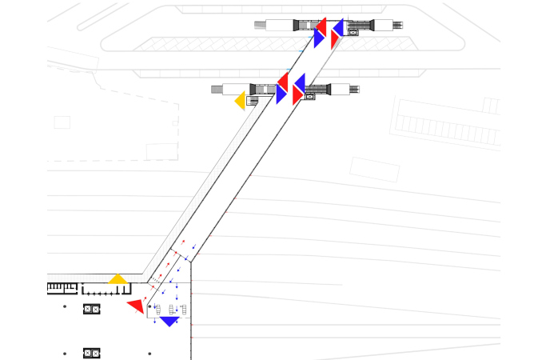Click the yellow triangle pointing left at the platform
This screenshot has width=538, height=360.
tap(240, 101)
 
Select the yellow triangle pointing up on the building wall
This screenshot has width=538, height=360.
tap(118, 279)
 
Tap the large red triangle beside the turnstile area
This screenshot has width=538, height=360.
tap(137, 305)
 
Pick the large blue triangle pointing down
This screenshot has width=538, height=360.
tap(169, 321)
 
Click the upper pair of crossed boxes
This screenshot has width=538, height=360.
tap(91, 309)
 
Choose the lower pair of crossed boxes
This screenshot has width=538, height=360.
tap(91, 353)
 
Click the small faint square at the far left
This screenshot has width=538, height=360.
tap(62, 122)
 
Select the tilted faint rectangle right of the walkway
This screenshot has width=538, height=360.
tap(374, 169)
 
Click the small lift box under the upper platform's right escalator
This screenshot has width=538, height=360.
tap(353, 36)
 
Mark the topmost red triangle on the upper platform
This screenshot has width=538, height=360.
tap(321, 23)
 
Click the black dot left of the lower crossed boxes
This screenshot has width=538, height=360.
tap(65, 352)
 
